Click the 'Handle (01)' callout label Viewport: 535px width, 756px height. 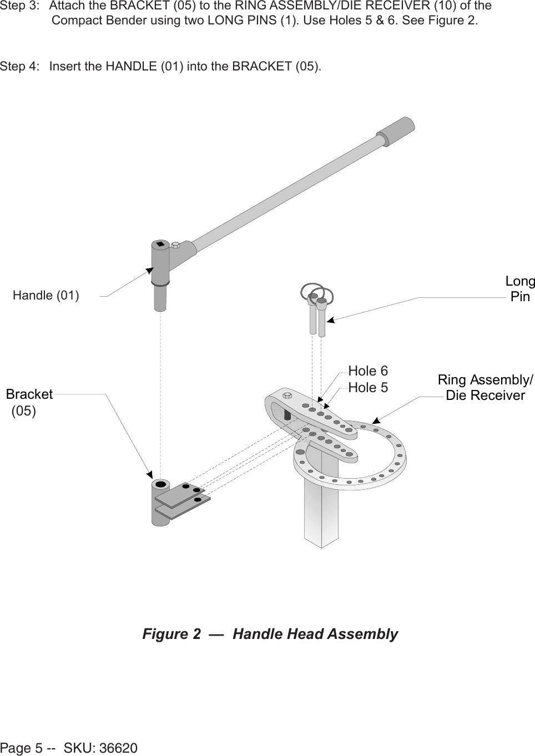pos(46,295)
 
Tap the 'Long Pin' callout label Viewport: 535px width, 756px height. pos(519,289)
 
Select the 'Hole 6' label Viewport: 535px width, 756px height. pos(368,371)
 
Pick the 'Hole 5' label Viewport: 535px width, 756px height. pos(368,388)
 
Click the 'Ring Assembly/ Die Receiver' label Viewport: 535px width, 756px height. pos(485,388)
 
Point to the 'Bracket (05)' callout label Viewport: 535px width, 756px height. pos(29,402)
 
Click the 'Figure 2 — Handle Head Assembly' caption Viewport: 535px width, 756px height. pos(270,634)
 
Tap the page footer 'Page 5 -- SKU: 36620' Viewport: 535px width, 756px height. pos(69,748)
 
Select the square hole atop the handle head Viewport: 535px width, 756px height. pos(160,244)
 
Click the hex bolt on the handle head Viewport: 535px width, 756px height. pos(175,245)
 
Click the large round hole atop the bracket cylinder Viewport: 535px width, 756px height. pos(161,485)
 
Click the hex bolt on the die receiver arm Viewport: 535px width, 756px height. pos(287,395)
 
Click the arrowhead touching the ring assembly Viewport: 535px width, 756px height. pos(376,420)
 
